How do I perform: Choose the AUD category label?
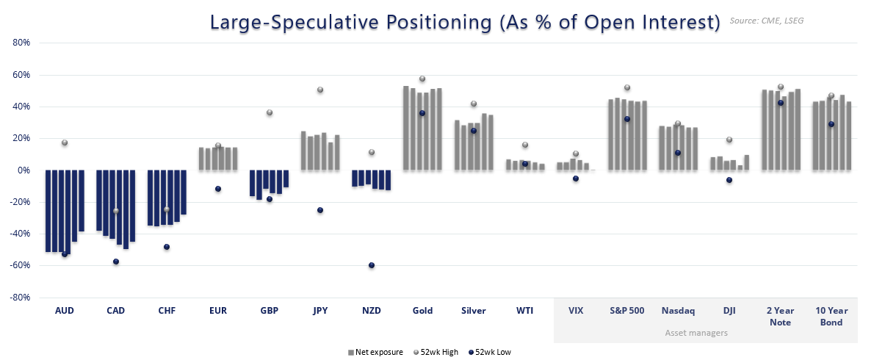(65, 311)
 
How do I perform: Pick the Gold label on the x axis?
(422, 311)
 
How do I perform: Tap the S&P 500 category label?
(626, 311)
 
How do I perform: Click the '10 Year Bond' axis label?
(831, 316)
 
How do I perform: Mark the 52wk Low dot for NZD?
(372, 265)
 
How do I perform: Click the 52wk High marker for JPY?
(320, 90)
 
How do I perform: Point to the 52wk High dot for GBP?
(270, 112)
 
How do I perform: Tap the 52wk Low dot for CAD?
(116, 262)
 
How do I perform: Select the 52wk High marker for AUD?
(65, 143)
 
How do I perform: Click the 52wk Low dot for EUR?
(218, 189)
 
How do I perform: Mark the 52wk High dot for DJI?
(729, 140)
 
